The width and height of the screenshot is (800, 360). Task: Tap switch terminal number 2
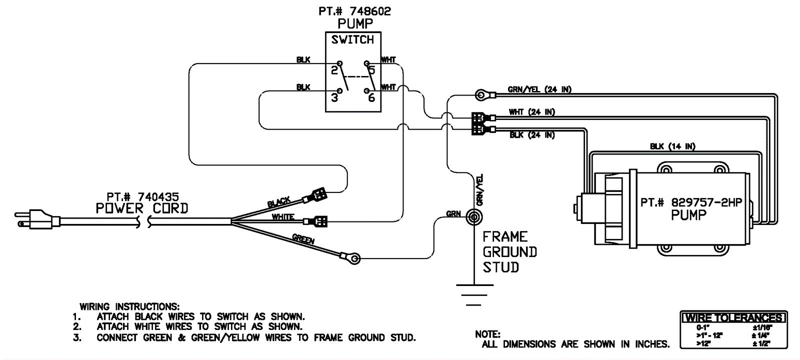coord(334,70)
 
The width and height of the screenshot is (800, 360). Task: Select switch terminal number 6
coord(371,98)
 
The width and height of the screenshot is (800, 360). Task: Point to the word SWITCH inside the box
coord(352,40)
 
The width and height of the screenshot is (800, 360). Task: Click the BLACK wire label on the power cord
coord(279,202)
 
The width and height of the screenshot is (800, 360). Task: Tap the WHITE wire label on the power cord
coord(283,217)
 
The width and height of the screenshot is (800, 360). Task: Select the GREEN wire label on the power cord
coord(303,239)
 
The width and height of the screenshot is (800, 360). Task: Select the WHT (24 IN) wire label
coord(532,112)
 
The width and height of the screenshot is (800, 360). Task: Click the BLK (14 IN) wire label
coord(672,146)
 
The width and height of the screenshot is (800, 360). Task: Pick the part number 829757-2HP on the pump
coord(691,202)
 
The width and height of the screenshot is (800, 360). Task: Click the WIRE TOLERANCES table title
coord(734,318)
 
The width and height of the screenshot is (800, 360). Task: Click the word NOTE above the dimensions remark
coord(487,334)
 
